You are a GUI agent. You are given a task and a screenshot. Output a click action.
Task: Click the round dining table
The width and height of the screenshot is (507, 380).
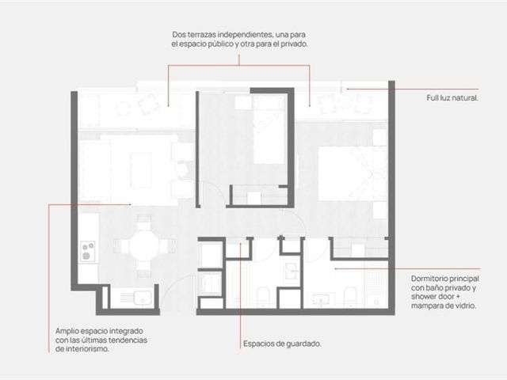144,245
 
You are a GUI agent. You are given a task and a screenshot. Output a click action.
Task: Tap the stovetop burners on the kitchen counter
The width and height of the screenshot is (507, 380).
88,251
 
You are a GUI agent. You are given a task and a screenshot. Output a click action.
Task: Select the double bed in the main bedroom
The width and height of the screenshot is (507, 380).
353,174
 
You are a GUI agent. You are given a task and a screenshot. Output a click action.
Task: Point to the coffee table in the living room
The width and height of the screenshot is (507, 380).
141,170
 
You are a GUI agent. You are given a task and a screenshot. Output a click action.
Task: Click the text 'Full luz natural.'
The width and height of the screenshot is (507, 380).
452,98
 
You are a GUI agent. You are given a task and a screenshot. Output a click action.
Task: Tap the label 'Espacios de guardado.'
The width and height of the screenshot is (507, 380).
282,344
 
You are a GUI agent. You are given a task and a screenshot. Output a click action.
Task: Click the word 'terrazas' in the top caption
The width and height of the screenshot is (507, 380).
202,34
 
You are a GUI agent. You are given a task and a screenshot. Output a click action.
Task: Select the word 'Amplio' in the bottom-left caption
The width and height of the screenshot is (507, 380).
67,331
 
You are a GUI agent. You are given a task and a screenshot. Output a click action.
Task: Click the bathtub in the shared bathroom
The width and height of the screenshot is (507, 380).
238,284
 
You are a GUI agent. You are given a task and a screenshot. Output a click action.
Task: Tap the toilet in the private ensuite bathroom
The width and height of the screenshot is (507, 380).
349,297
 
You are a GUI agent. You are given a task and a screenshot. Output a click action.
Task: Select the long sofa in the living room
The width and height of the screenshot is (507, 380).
95,171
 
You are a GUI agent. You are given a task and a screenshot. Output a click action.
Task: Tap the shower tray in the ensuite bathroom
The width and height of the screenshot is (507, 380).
376,284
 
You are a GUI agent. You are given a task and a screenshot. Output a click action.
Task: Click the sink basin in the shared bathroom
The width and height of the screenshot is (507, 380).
293,270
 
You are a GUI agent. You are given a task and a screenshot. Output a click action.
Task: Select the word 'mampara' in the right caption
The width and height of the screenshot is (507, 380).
427,306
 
